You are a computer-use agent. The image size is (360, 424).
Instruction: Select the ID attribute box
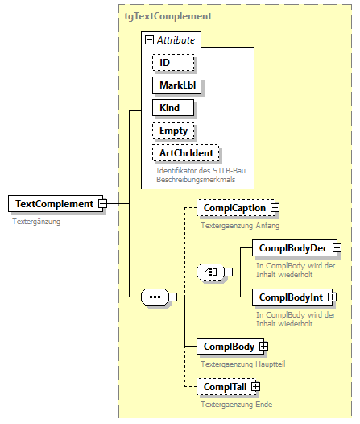coord(172,62)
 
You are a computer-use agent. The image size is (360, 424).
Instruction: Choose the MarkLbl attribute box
coord(176,85)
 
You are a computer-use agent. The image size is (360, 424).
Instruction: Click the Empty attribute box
coord(174,130)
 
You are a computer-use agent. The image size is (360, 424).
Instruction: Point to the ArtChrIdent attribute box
coord(185,152)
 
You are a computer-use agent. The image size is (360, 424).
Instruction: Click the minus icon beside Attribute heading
coord(149,40)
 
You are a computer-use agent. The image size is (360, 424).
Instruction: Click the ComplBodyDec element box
coord(292,248)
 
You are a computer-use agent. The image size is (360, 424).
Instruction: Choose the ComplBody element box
coord(229,347)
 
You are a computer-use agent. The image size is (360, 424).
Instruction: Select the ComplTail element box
coord(225,388)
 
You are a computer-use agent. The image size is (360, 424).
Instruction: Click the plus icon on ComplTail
coord(256,388)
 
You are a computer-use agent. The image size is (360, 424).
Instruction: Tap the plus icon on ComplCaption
coord(275,208)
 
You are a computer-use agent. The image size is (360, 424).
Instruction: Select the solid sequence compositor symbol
coord(153,297)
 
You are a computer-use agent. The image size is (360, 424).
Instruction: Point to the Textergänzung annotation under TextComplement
coord(36,220)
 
